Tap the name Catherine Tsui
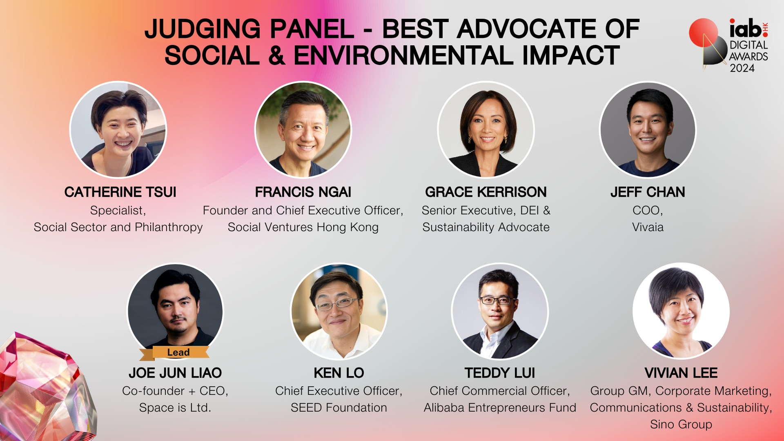click(x=120, y=192)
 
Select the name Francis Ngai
click(x=303, y=192)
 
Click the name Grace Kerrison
click(x=486, y=192)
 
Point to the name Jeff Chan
click(x=648, y=192)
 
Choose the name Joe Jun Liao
click(x=175, y=373)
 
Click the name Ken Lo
click(x=339, y=373)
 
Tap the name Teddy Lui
click(x=500, y=373)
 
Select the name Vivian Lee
click(x=681, y=373)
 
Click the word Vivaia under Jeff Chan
click(x=648, y=227)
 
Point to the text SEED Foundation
click(x=339, y=408)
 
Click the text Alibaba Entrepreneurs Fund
click(x=500, y=408)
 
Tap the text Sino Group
click(x=681, y=425)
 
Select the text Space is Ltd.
click(x=175, y=408)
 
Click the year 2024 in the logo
click(x=742, y=68)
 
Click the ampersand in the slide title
click(x=277, y=56)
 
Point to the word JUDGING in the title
click(x=203, y=29)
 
